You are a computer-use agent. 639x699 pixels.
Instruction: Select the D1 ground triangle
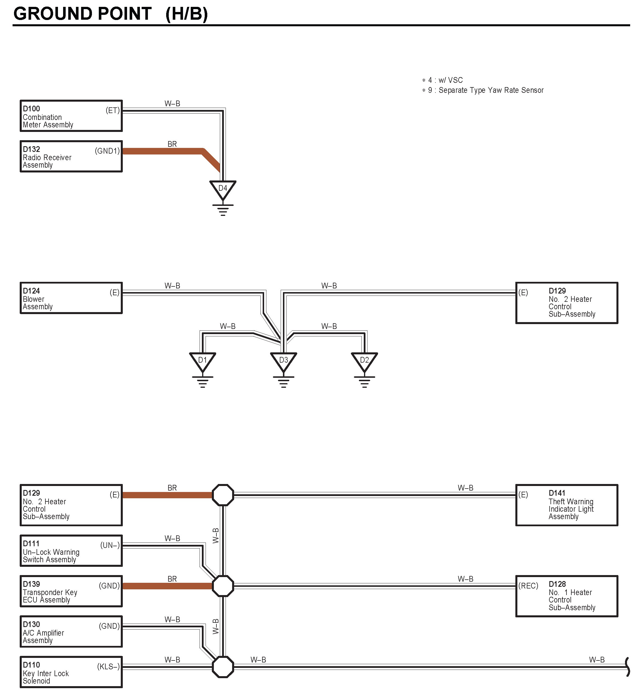tap(202, 361)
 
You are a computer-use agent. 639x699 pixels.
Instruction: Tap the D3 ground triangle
tap(283, 361)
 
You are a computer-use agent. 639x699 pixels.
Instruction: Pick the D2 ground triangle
tap(364, 361)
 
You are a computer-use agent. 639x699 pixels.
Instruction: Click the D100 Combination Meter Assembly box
tap(71, 116)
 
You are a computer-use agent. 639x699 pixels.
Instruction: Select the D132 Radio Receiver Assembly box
tap(71, 156)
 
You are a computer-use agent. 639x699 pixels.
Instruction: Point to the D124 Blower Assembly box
tap(71, 298)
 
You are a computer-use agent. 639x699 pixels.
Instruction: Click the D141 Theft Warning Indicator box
tap(566, 505)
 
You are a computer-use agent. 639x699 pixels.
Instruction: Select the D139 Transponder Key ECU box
tap(71, 592)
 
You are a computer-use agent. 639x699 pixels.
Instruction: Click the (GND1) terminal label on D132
tap(107, 151)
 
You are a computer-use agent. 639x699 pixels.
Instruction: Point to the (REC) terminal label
tap(528, 586)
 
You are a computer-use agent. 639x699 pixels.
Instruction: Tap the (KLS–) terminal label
tap(108, 667)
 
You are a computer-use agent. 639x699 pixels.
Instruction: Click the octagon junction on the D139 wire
tap(223, 586)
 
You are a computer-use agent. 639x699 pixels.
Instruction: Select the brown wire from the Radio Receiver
tap(166, 151)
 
